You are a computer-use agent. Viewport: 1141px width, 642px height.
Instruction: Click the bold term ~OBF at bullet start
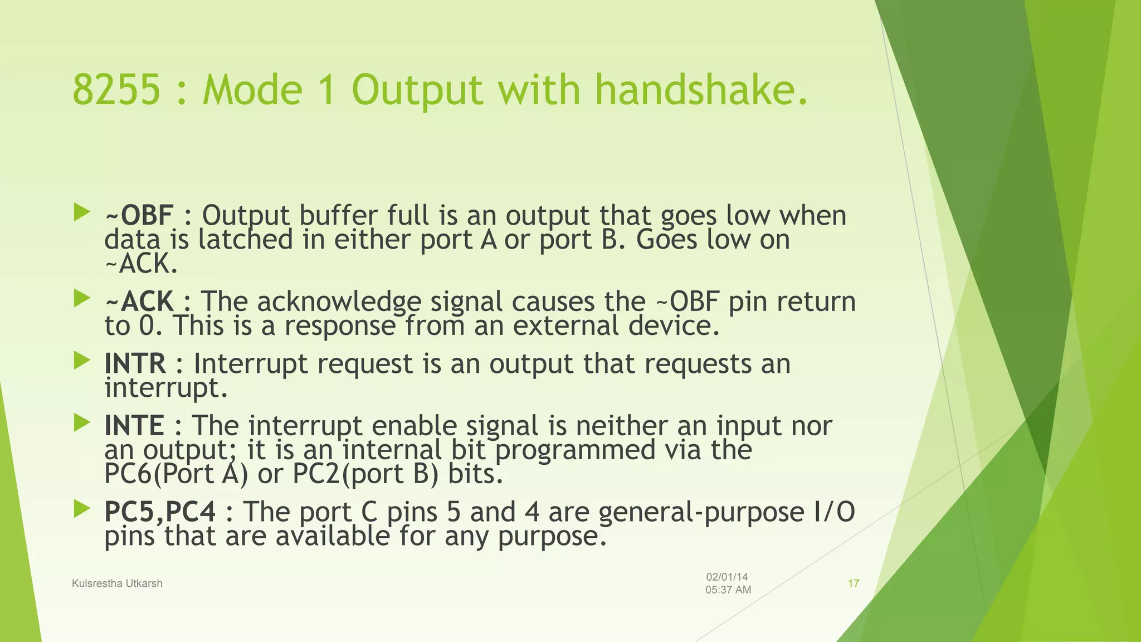(x=139, y=215)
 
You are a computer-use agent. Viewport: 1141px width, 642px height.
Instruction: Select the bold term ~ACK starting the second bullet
(x=139, y=301)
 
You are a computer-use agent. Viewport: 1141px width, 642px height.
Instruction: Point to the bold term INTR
(x=135, y=363)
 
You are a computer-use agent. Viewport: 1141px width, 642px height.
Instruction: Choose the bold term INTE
(x=134, y=426)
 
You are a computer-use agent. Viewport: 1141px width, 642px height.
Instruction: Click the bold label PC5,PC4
(x=160, y=512)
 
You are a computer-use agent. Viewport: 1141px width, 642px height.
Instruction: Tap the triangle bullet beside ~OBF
(x=81, y=212)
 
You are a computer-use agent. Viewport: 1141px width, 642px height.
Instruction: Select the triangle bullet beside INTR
(x=81, y=361)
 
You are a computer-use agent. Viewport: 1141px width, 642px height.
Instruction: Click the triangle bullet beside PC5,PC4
(x=81, y=508)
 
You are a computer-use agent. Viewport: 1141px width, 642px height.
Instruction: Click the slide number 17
(x=853, y=583)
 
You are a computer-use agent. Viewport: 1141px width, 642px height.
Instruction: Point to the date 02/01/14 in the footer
(x=726, y=577)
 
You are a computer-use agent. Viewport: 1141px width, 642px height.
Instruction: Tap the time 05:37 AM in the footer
(x=728, y=590)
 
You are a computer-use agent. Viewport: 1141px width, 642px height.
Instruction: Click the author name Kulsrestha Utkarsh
(x=117, y=583)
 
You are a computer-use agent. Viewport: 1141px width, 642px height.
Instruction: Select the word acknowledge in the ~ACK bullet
(x=338, y=301)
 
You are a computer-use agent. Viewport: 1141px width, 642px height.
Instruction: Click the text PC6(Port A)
(x=176, y=474)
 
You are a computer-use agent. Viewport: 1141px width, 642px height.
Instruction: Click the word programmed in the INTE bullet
(x=575, y=450)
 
